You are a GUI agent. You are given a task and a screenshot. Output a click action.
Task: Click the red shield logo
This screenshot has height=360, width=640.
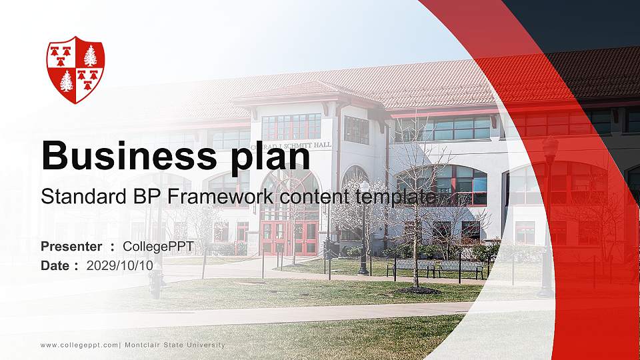coord(75,69)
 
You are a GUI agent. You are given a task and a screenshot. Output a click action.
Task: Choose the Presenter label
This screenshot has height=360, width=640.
coord(71,247)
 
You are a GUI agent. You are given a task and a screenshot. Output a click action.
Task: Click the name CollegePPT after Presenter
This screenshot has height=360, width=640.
coord(158,247)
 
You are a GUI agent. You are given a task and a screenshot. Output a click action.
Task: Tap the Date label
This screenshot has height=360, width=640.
coord(55,265)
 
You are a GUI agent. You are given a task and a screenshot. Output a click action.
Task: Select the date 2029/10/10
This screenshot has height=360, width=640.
coord(120,265)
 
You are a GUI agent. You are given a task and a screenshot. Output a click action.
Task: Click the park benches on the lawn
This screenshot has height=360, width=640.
coord(437,267)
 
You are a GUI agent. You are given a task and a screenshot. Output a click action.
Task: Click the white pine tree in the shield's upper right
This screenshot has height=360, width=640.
coord(90,55)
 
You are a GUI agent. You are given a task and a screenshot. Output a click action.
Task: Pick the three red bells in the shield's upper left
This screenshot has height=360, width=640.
coord(62,55)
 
